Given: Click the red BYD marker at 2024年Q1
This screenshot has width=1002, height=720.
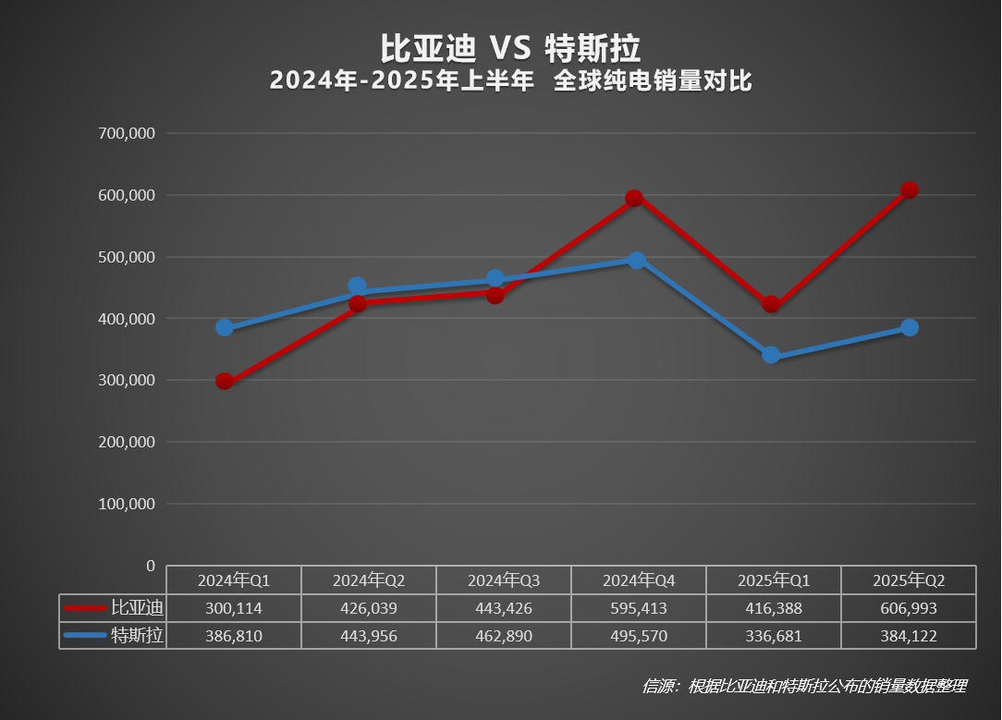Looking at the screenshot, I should [225, 381].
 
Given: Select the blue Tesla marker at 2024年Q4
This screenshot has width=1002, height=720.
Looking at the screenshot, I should [637, 261].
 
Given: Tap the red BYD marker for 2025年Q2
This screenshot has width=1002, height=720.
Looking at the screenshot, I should [909, 190].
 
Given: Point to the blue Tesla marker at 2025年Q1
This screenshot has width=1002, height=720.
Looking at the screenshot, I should [771, 356].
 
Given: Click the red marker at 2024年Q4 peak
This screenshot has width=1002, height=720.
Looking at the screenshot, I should [634, 198].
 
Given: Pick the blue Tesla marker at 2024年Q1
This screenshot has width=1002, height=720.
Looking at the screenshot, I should [225, 328].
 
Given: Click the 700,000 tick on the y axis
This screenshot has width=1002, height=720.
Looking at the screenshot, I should [126, 133].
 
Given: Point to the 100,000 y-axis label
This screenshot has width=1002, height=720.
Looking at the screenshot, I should [126, 504].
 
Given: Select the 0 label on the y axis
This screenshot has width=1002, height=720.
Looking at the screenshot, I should [151, 566].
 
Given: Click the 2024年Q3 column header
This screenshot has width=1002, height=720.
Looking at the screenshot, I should [504, 580].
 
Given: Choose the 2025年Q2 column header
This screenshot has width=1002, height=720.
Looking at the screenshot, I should [909, 580].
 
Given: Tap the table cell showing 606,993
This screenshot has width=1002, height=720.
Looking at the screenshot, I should [909, 608].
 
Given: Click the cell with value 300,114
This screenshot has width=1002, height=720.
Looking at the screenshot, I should [234, 608].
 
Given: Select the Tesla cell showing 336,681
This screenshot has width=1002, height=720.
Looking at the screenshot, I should [774, 636].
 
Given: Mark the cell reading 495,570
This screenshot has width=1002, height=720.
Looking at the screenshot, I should [639, 636].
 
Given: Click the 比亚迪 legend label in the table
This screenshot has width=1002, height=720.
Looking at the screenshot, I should [137, 608].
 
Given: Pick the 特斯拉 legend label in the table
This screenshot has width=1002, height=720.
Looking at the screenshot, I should [137, 636].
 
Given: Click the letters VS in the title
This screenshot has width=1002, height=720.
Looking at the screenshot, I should [509, 47].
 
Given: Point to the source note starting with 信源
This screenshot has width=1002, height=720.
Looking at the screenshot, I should [804, 686].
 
